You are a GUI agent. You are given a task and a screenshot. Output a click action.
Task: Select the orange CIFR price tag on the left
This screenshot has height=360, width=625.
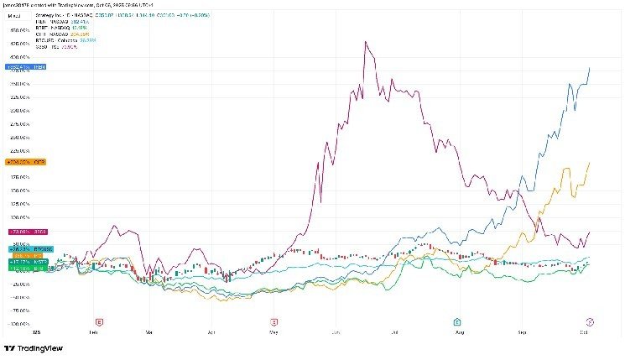[19, 161]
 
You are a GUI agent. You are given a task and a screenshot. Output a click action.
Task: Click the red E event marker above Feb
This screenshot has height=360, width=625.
[99, 321]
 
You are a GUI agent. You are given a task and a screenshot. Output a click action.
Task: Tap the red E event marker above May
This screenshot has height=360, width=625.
[273, 321]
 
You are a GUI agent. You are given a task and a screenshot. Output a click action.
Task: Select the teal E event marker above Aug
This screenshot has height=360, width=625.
[456, 321]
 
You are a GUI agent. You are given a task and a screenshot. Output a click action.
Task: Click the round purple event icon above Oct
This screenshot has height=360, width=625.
[590, 321]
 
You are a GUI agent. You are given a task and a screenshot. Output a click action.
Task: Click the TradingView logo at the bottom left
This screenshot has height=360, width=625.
[34, 348]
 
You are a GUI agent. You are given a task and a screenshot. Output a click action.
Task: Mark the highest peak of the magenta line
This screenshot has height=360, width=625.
[366, 41]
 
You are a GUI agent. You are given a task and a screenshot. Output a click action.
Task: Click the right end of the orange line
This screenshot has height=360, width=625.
[590, 162]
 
